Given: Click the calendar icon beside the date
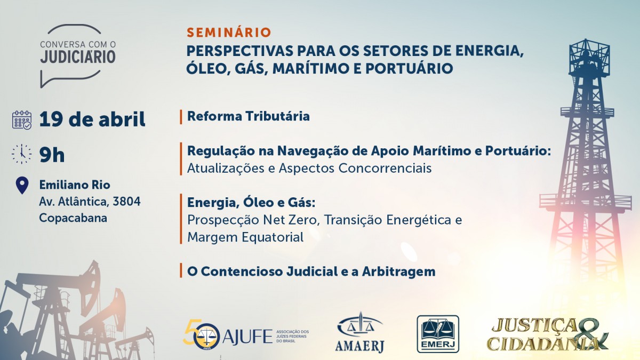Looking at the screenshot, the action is pyautogui.click(x=22, y=120).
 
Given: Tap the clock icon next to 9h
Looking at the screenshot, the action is pyautogui.click(x=22, y=154).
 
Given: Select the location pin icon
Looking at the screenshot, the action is pyautogui.click(x=22, y=186).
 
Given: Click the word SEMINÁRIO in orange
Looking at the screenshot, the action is pyautogui.click(x=229, y=33).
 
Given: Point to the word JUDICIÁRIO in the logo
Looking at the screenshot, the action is pyautogui.click(x=78, y=57).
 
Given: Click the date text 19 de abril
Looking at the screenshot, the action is pyautogui.click(x=92, y=119).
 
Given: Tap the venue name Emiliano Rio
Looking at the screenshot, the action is pyautogui.click(x=75, y=185).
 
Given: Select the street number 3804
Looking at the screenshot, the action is pyautogui.click(x=126, y=202).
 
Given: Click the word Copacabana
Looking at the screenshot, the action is pyautogui.click(x=73, y=218).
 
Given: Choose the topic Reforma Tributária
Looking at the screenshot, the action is pyautogui.click(x=249, y=116).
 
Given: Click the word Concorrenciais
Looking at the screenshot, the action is pyautogui.click(x=385, y=168).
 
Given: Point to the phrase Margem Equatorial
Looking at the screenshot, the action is pyautogui.click(x=245, y=237).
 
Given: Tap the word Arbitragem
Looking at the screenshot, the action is pyautogui.click(x=398, y=271).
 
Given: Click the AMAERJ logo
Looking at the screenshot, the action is pyautogui.click(x=359, y=332).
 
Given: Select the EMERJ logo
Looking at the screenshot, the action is pyautogui.click(x=438, y=334).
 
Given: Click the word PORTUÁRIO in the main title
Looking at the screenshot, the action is pyautogui.click(x=409, y=69).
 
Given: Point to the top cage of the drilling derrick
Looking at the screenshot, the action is pyautogui.click(x=590, y=57).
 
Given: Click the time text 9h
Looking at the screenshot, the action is pyautogui.click(x=52, y=155).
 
